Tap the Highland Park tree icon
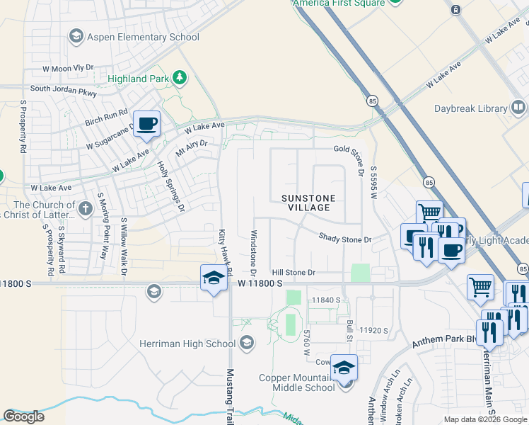tap(180, 78)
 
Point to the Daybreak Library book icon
tap(518, 108)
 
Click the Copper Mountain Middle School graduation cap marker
tap(344, 368)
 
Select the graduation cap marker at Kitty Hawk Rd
tap(214, 278)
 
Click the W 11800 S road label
tap(260, 283)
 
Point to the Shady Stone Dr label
tap(344, 239)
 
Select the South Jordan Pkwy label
tap(63, 89)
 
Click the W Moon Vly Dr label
tap(68, 68)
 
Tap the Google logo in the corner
tap(23, 416)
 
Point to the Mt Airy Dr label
tap(192, 147)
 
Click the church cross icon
tap(86, 208)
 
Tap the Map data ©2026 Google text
tap(485, 419)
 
